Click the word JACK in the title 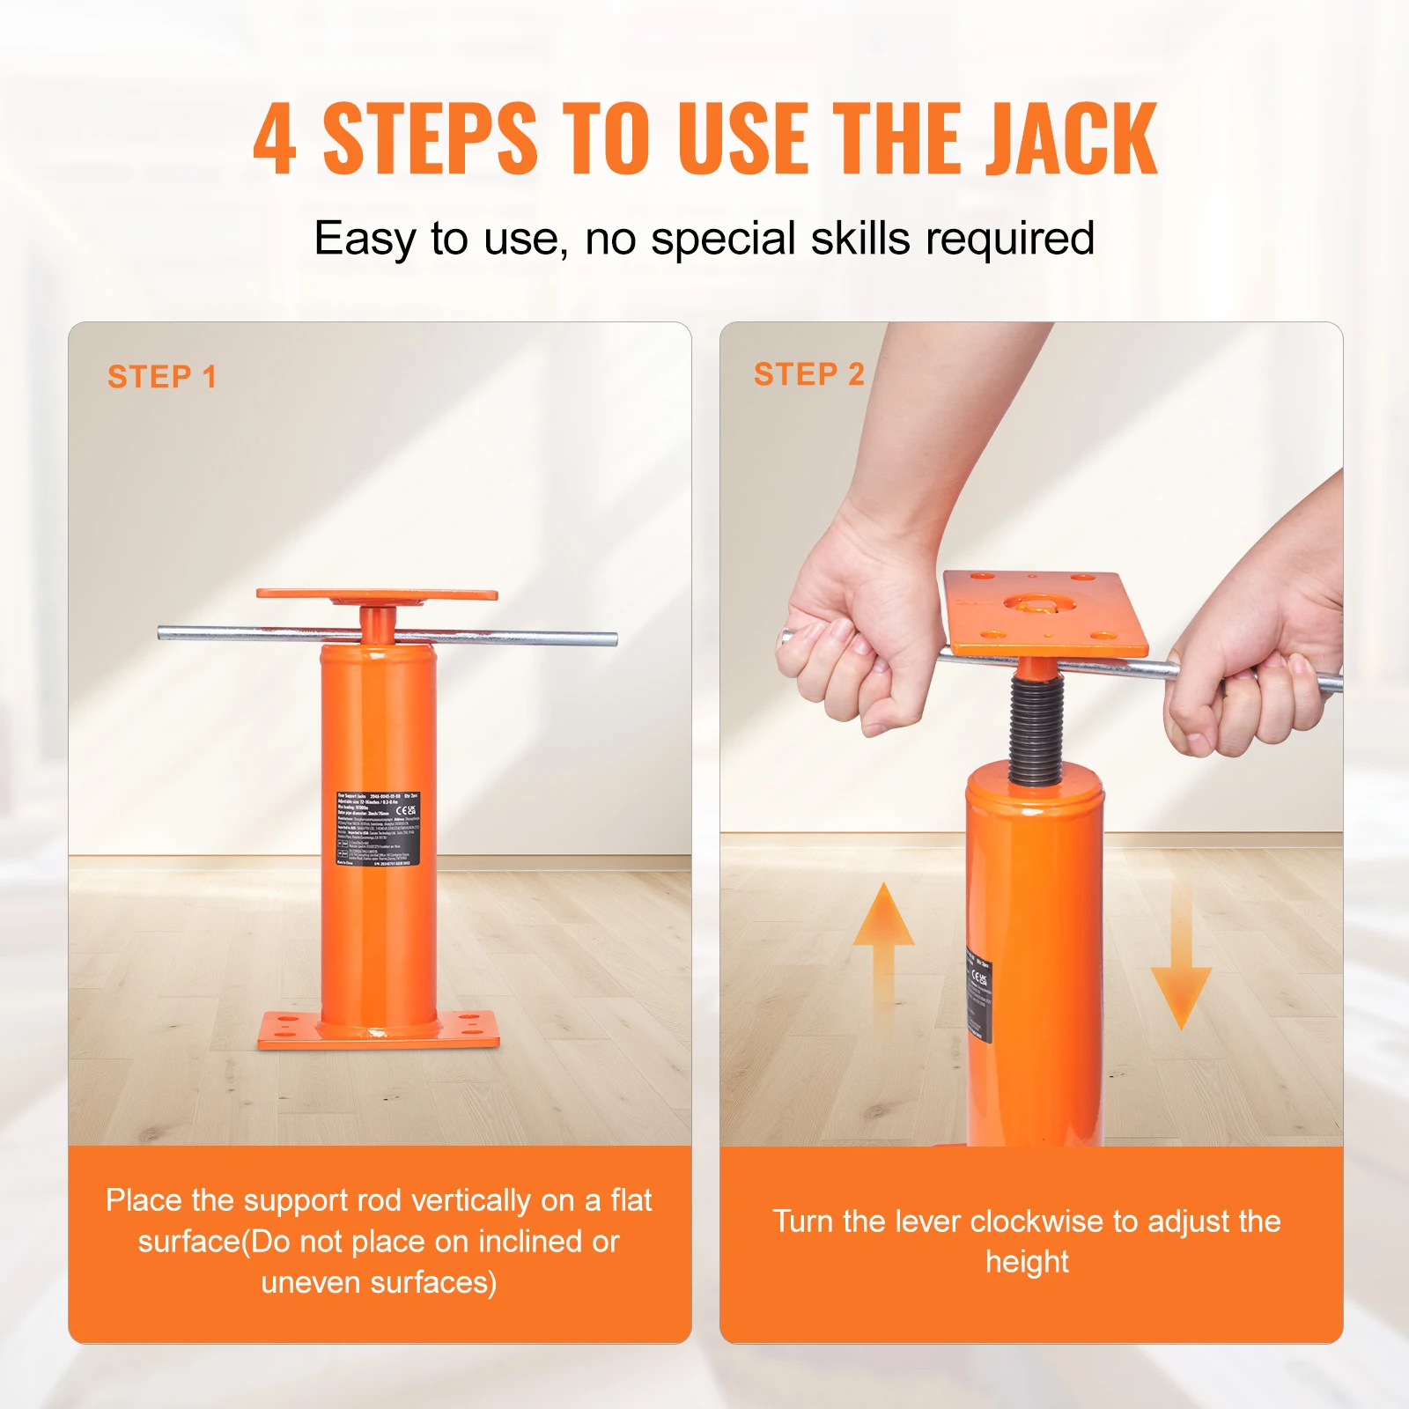1070,139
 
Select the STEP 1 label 162,377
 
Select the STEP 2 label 809,374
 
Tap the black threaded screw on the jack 1036,731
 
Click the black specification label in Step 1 378,829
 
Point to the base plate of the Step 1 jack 379,1031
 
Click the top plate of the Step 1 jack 377,594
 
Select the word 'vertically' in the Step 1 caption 471,1200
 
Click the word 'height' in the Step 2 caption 1027,1262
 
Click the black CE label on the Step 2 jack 979,995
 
